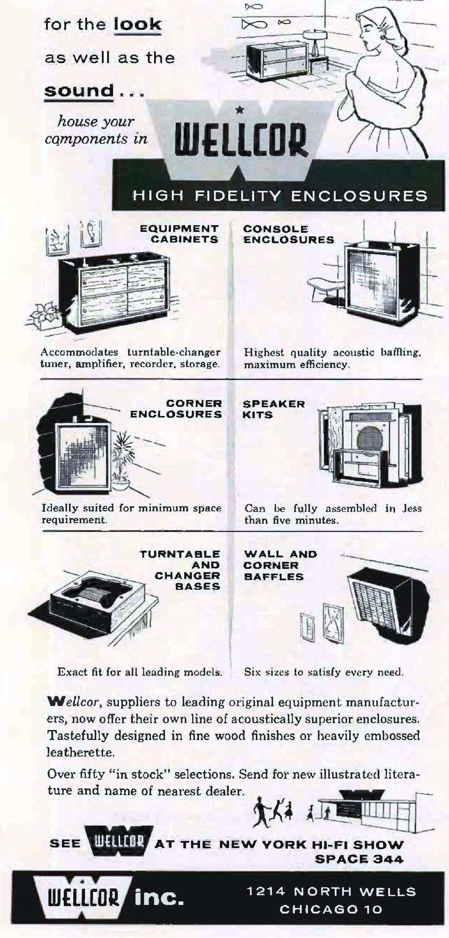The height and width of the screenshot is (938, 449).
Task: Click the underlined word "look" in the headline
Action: pos(137,24)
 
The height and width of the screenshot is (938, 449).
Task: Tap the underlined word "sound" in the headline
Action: pos(79,90)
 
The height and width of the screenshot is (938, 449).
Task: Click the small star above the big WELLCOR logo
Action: pos(239,109)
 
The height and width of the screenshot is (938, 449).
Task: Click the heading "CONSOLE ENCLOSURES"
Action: pos(288,234)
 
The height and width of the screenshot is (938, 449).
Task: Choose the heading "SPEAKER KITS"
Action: pos(274,409)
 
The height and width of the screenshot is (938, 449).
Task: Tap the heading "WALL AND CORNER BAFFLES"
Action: pos(280,565)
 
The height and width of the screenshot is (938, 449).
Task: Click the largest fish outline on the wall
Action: pos(254,25)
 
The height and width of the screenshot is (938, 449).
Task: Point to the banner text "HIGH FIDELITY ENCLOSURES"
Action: pos(280,196)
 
